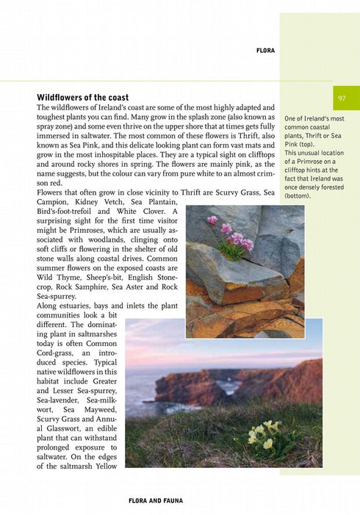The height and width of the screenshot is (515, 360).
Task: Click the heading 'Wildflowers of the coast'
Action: (82, 97)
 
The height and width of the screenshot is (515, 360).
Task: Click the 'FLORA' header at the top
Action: (265, 51)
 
